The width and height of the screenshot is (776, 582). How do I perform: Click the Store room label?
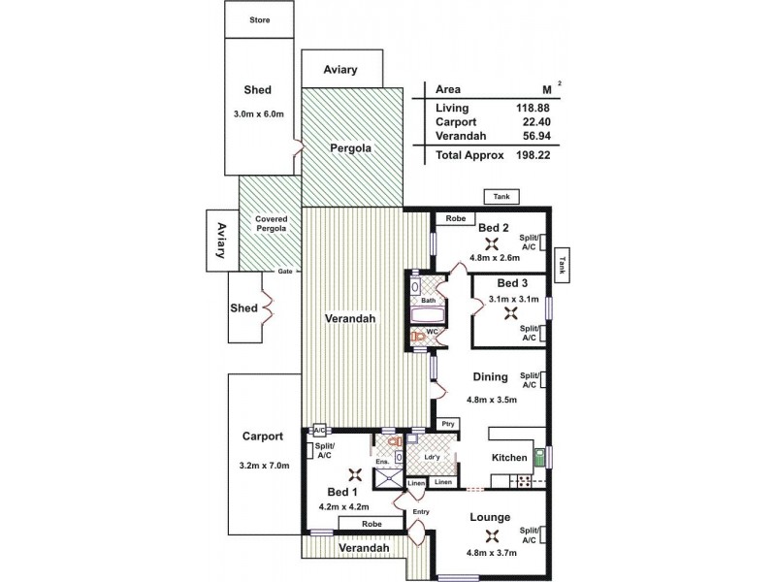click(x=259, y=19)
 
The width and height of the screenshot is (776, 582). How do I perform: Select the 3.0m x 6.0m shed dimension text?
click(x=259, y=113)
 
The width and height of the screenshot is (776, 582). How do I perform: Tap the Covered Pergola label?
click(x=271, y=224)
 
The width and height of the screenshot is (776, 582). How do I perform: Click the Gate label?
click(x=285, y=272)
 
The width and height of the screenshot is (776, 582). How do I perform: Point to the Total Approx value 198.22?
click(x=534, y=154)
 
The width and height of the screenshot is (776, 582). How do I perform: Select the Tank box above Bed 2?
click(x=501, y=197)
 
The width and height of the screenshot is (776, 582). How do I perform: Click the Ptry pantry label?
click(x=447, y=423)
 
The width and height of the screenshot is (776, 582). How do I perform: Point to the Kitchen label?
click(x=509, y=457)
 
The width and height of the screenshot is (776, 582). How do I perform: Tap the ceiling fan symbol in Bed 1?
click(x=355, y=475)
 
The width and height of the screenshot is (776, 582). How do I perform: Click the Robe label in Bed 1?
click(x=372, y=523)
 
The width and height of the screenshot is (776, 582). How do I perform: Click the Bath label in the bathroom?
click(x=428, y=301)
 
